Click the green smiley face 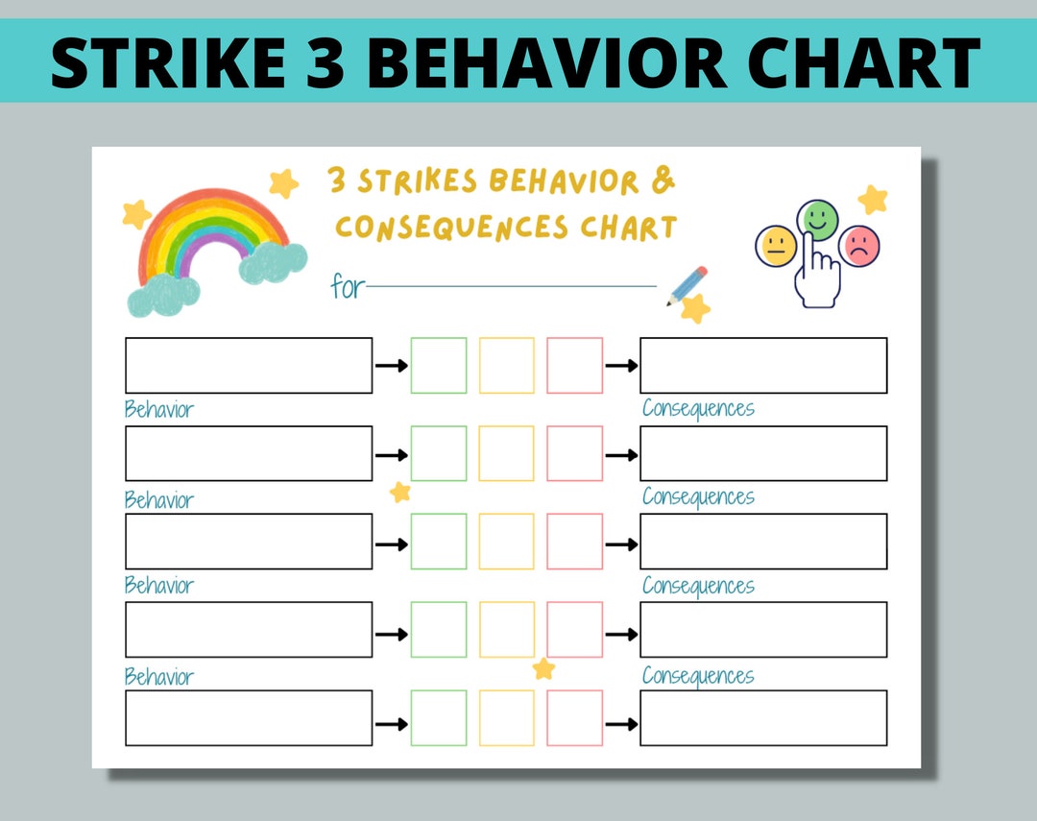tap(818, 218)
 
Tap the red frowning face tap(859, 246)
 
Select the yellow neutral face tap(776, 246)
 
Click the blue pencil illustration tap(687, 285)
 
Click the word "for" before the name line tap(347, 286)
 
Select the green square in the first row tap(439, 365)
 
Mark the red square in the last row tap(575, 717)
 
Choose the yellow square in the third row tap(507, 541)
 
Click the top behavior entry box tap(249, 365)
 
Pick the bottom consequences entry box tap(763, 717)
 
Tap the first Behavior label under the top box tap(159, 410)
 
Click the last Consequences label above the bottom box tap(698, 676)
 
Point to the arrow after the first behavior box tap(391, 366)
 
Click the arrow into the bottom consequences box tap(621, 723)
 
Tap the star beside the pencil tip tap(695, 309)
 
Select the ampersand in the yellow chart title tap(663, 180)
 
